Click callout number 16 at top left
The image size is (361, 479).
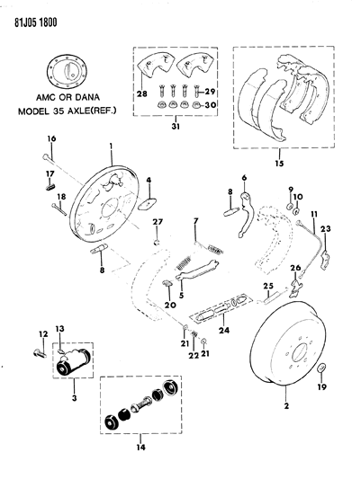51,140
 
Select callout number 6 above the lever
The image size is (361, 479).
243,178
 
